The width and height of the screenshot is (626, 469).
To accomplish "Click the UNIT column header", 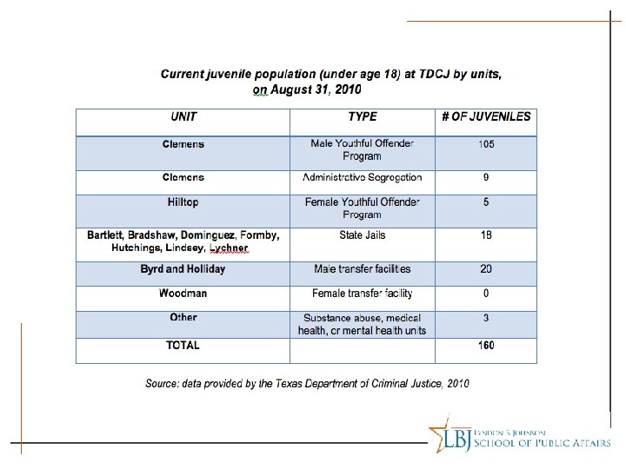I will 183,117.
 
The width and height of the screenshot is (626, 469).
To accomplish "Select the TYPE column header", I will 363,117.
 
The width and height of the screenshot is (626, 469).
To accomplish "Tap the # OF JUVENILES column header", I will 486,117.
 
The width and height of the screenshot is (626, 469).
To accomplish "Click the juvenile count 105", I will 486,144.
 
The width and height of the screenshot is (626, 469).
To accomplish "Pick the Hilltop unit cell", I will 183,202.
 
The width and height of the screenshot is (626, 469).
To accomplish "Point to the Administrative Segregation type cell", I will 363,178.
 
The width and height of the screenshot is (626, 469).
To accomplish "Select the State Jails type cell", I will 363,235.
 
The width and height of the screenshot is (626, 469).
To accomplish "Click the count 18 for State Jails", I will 486,235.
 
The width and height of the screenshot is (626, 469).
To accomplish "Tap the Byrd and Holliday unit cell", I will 183,269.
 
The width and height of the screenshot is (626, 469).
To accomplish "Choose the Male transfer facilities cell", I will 363,269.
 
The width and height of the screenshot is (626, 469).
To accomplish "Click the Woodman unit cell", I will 183,294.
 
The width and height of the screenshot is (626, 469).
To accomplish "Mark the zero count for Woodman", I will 486,294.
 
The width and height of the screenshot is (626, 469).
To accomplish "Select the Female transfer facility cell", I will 363,294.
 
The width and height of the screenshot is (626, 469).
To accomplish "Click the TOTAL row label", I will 183,345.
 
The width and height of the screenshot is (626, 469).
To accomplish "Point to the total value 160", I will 486,345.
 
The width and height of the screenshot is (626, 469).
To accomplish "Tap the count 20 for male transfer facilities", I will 486,269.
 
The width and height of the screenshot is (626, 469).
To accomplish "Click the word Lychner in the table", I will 229,248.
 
